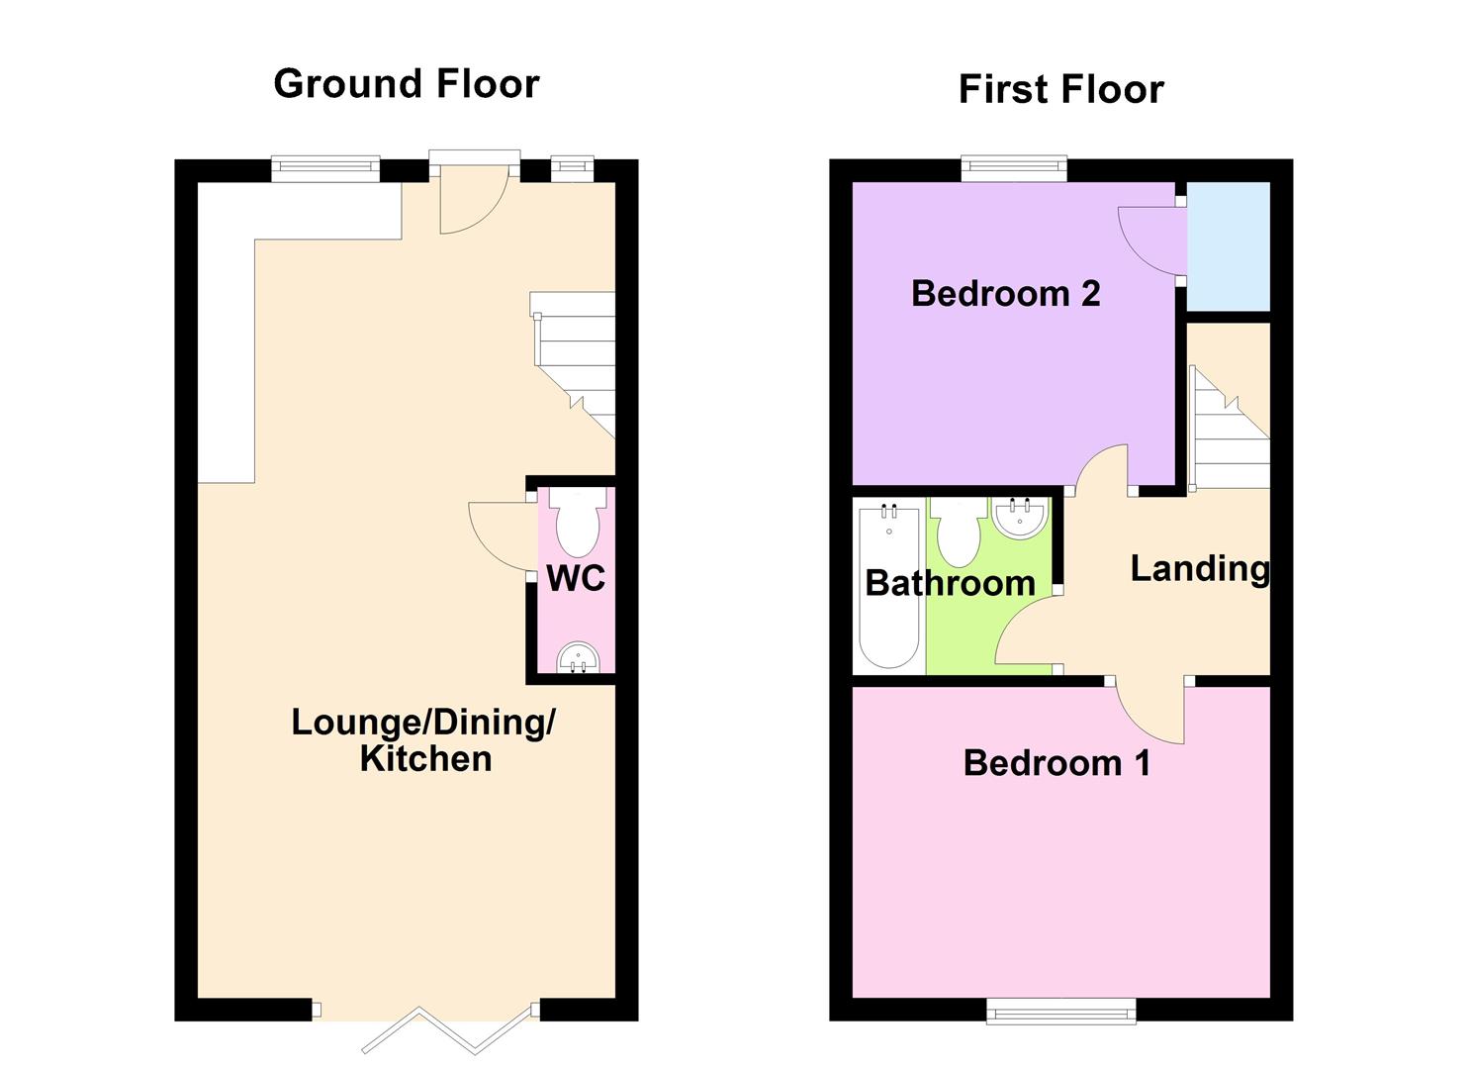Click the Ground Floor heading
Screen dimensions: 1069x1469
click(406, 84)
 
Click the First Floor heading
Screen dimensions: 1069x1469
click(1060, 90)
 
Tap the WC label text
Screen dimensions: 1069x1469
click(576, 578)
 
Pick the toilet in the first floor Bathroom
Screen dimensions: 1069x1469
click(958, 532)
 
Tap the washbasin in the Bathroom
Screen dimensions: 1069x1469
click(1019, 518)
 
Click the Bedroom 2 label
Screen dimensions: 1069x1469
click(1005, 294)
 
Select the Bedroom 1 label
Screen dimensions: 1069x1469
click(1056, 763)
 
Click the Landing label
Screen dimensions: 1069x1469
click(1199, 569)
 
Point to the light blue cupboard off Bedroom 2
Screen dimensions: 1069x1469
click(1228, 245)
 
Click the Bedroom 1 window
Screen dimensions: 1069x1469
click(1060, 1010)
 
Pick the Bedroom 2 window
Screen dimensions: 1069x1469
click(1015, 169)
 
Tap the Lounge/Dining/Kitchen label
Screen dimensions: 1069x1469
click(424, 740)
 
